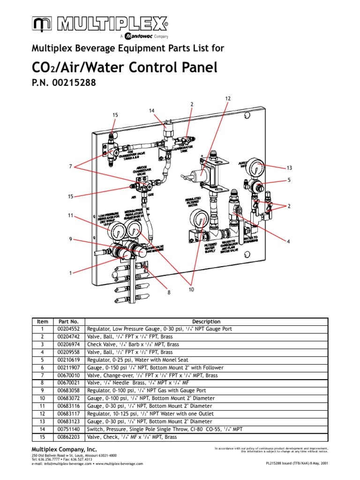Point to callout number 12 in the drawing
point(228,98)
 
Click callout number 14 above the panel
point(151,111)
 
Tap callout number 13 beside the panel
point(289,168)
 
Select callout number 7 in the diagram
point(70,166)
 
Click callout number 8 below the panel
point(165,292)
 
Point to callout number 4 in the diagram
point(289,241)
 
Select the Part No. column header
point(68,322)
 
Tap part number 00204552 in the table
point(68,329)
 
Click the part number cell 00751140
point(68,429)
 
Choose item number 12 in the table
point(43,414)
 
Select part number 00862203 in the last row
point(68,437)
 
